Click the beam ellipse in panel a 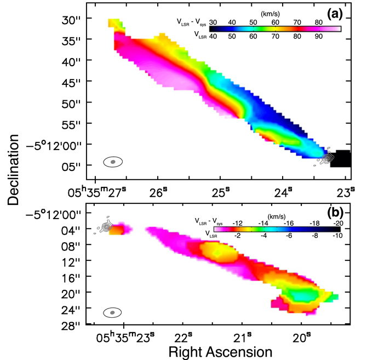[x=113, y=162]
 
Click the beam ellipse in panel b [x=113, y=312]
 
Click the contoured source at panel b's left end [x=106, y=227]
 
